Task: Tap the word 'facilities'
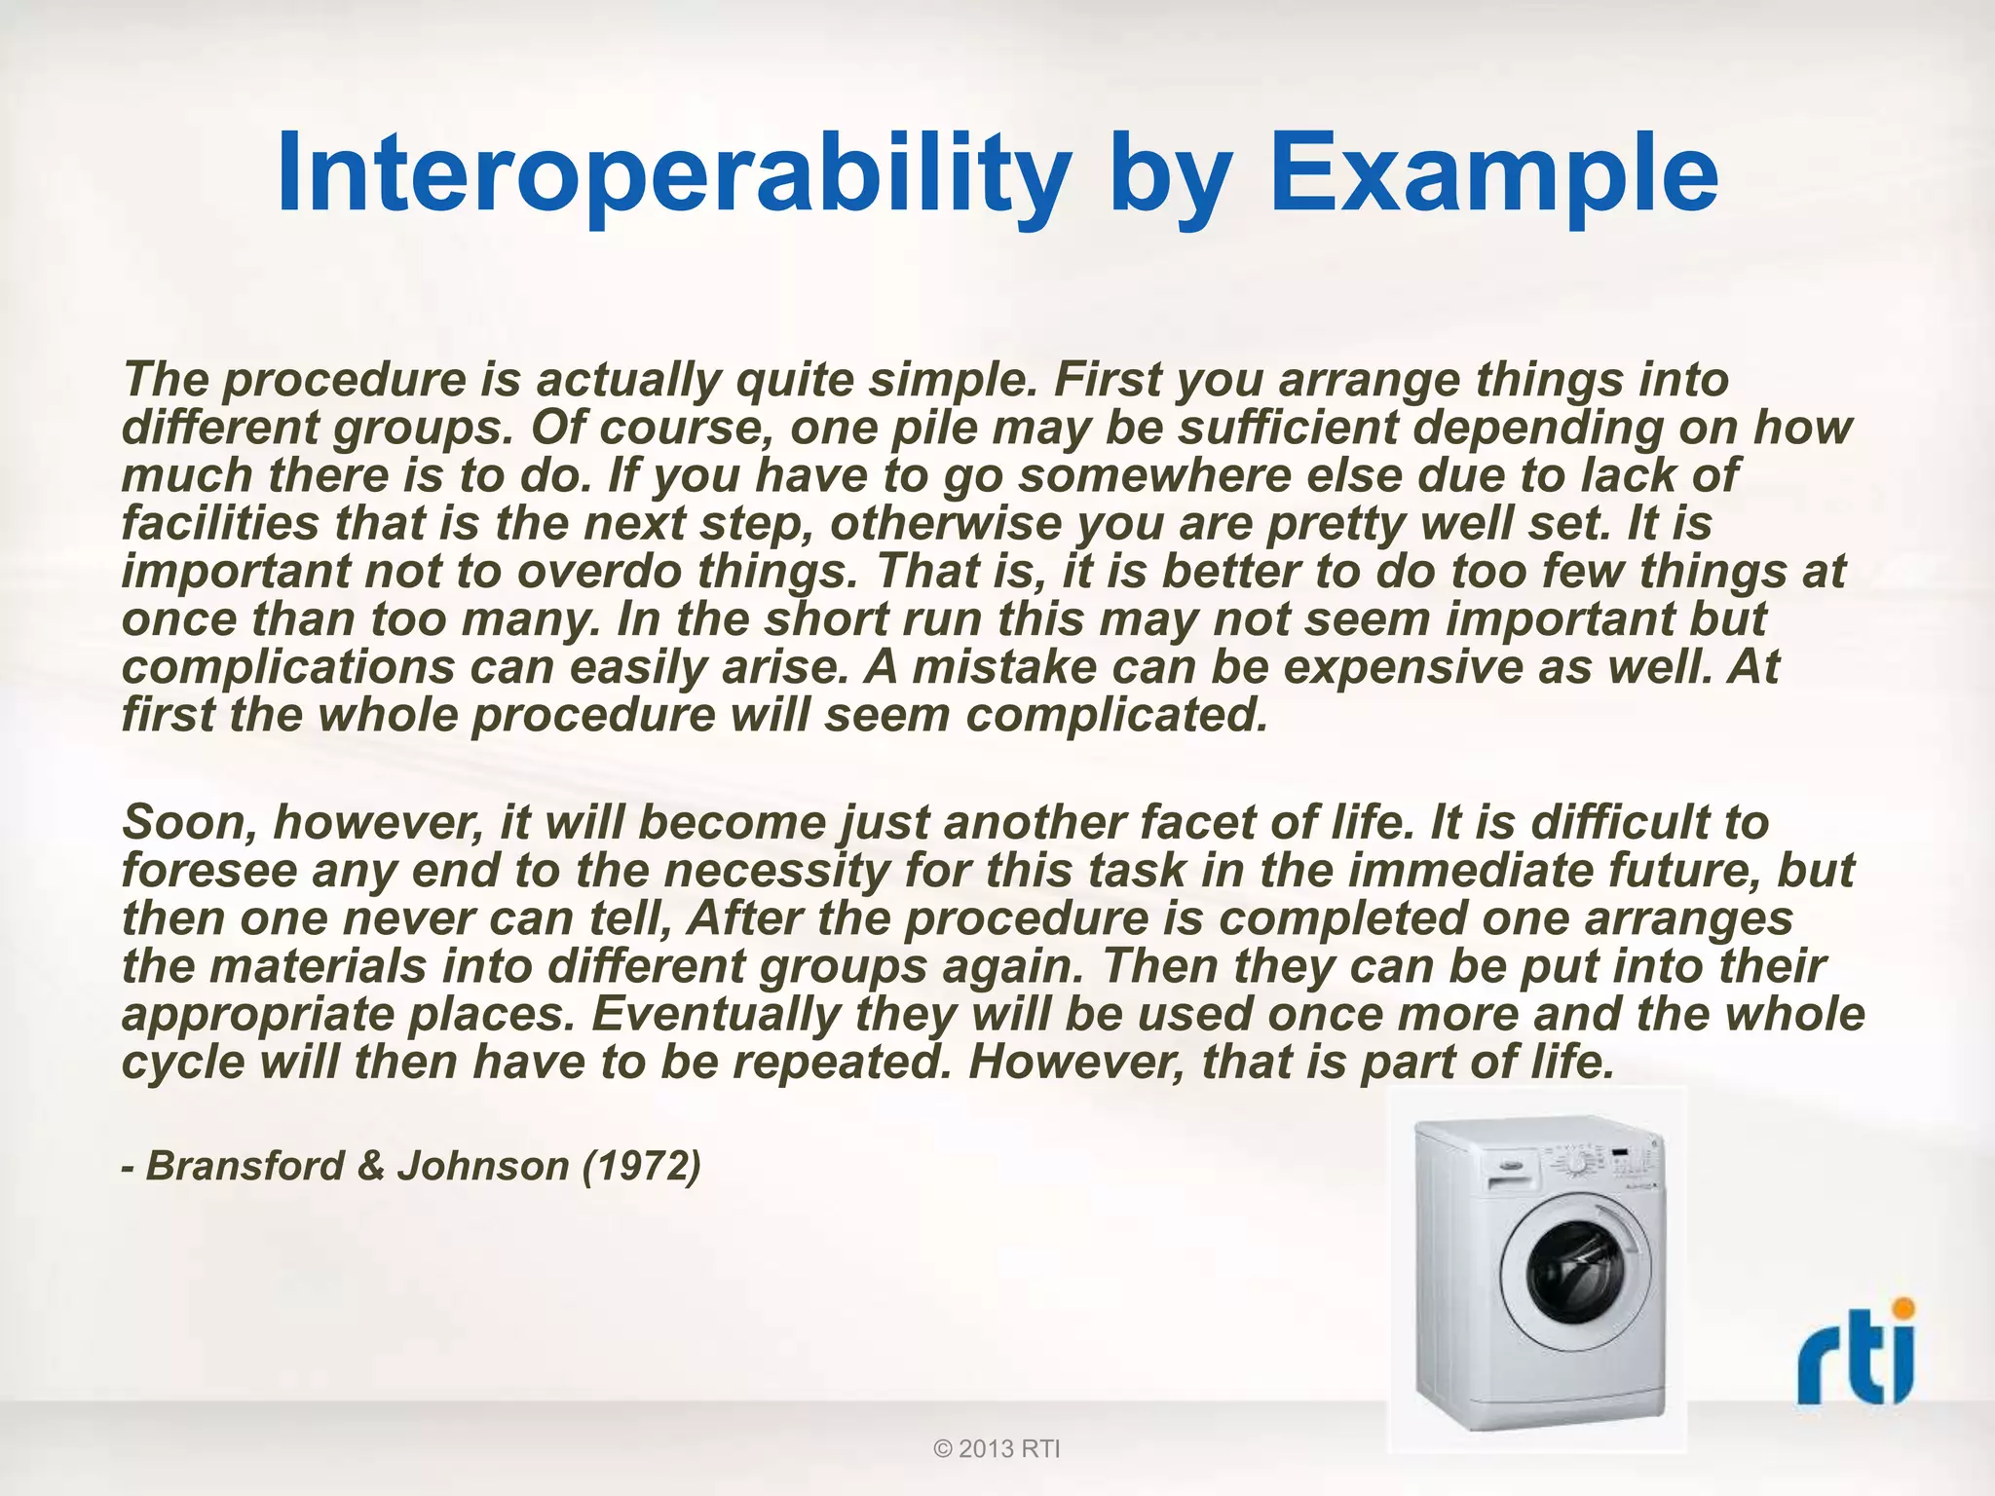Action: tap(220, 523)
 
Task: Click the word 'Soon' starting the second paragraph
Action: tap(190, 823)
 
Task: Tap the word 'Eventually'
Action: tap(716, 1014)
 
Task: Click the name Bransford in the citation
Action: tap(245, 1166)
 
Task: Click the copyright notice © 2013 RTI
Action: tap(997, 1449)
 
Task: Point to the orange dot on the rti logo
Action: tap(1901, 1309)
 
